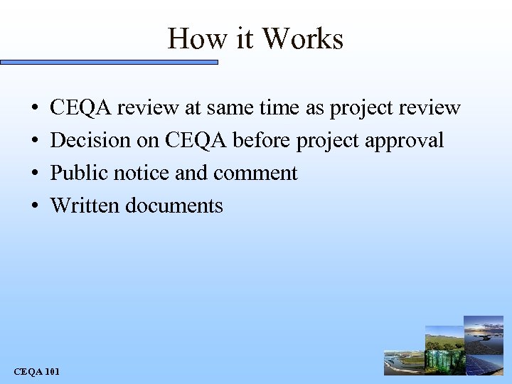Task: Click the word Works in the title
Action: [303, 38]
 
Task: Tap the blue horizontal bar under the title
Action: [109, 63]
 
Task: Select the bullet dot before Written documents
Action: [36, 206]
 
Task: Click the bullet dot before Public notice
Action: [36, 174]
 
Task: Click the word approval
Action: [405, 141]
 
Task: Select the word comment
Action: [255, 174]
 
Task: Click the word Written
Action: [85, 206]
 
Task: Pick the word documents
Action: [174, 206]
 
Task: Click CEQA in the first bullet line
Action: [80, 108]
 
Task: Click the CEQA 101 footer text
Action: [37, 371]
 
